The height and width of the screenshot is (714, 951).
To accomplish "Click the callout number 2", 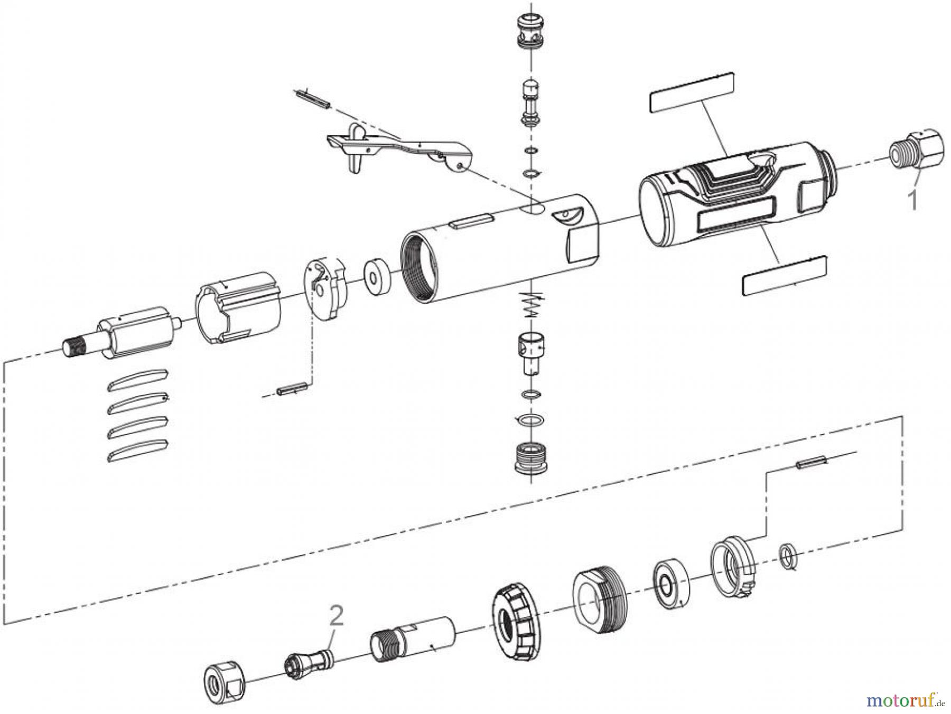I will pos(336,616).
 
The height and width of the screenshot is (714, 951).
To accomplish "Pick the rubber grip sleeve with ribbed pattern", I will pos(729,195).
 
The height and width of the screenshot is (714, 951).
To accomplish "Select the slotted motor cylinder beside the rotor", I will pos(239,308).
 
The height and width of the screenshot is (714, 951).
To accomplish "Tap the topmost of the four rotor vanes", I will pos(137,379).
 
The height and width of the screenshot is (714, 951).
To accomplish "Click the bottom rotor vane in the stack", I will pos(137,449).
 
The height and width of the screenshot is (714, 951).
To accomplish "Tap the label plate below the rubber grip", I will pos(784,275).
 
